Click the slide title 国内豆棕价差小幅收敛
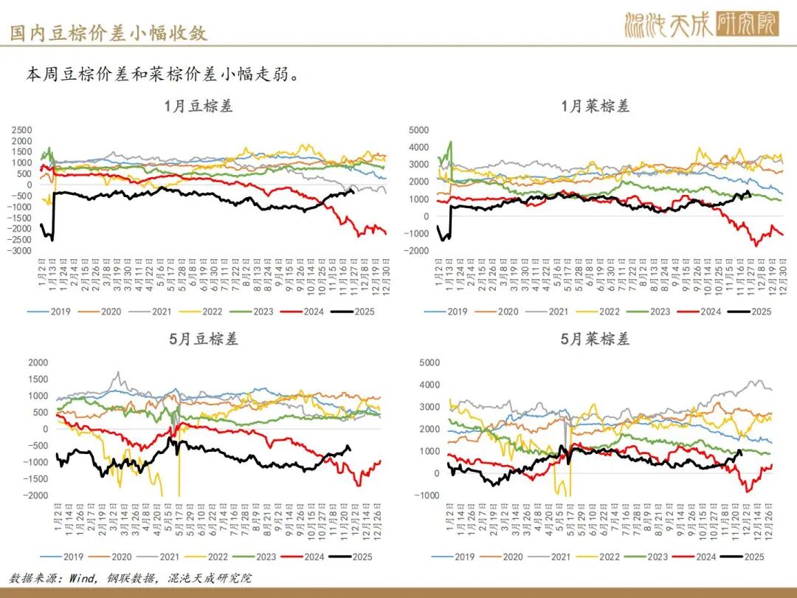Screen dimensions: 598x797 pyautogui.click(x=108, y=32)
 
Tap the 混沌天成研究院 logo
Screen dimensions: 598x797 pyautogui.click(x=701, y=25)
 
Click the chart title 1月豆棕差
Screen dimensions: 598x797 pyautogui.click(x=199, y=106)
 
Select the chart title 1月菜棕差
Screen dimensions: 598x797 pyautogui.click(x=596, y=106)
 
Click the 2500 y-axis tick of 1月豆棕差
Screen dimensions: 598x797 pyautogui.click(x=22, y=130)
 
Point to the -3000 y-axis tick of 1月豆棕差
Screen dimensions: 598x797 pyautogui.click(x=21, y=251)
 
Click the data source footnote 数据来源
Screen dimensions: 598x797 pyautogui.click(x=130, y=578)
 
